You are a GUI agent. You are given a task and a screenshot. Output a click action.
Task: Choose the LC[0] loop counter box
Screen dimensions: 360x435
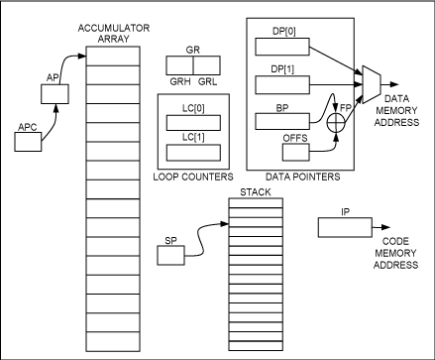pos(193,122)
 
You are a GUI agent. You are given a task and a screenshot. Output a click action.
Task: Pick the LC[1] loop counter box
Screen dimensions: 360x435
pos(193,152)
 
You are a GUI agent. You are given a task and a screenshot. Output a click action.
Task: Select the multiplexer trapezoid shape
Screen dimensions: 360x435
pos(372,86)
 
